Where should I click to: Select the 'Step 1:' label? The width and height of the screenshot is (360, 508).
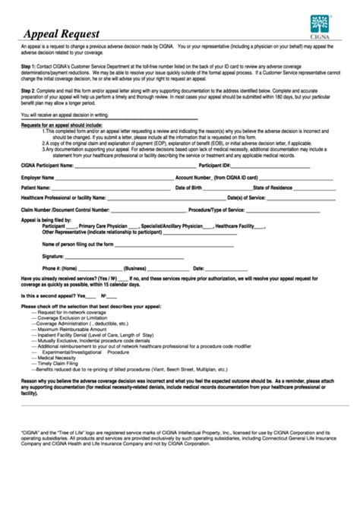tap(31, 68)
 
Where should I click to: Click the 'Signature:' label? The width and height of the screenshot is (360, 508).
tap(53, 256)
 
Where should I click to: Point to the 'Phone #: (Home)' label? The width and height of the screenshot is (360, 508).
tap(60, 268)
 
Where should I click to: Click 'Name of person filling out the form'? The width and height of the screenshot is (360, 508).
tap(74, 245)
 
